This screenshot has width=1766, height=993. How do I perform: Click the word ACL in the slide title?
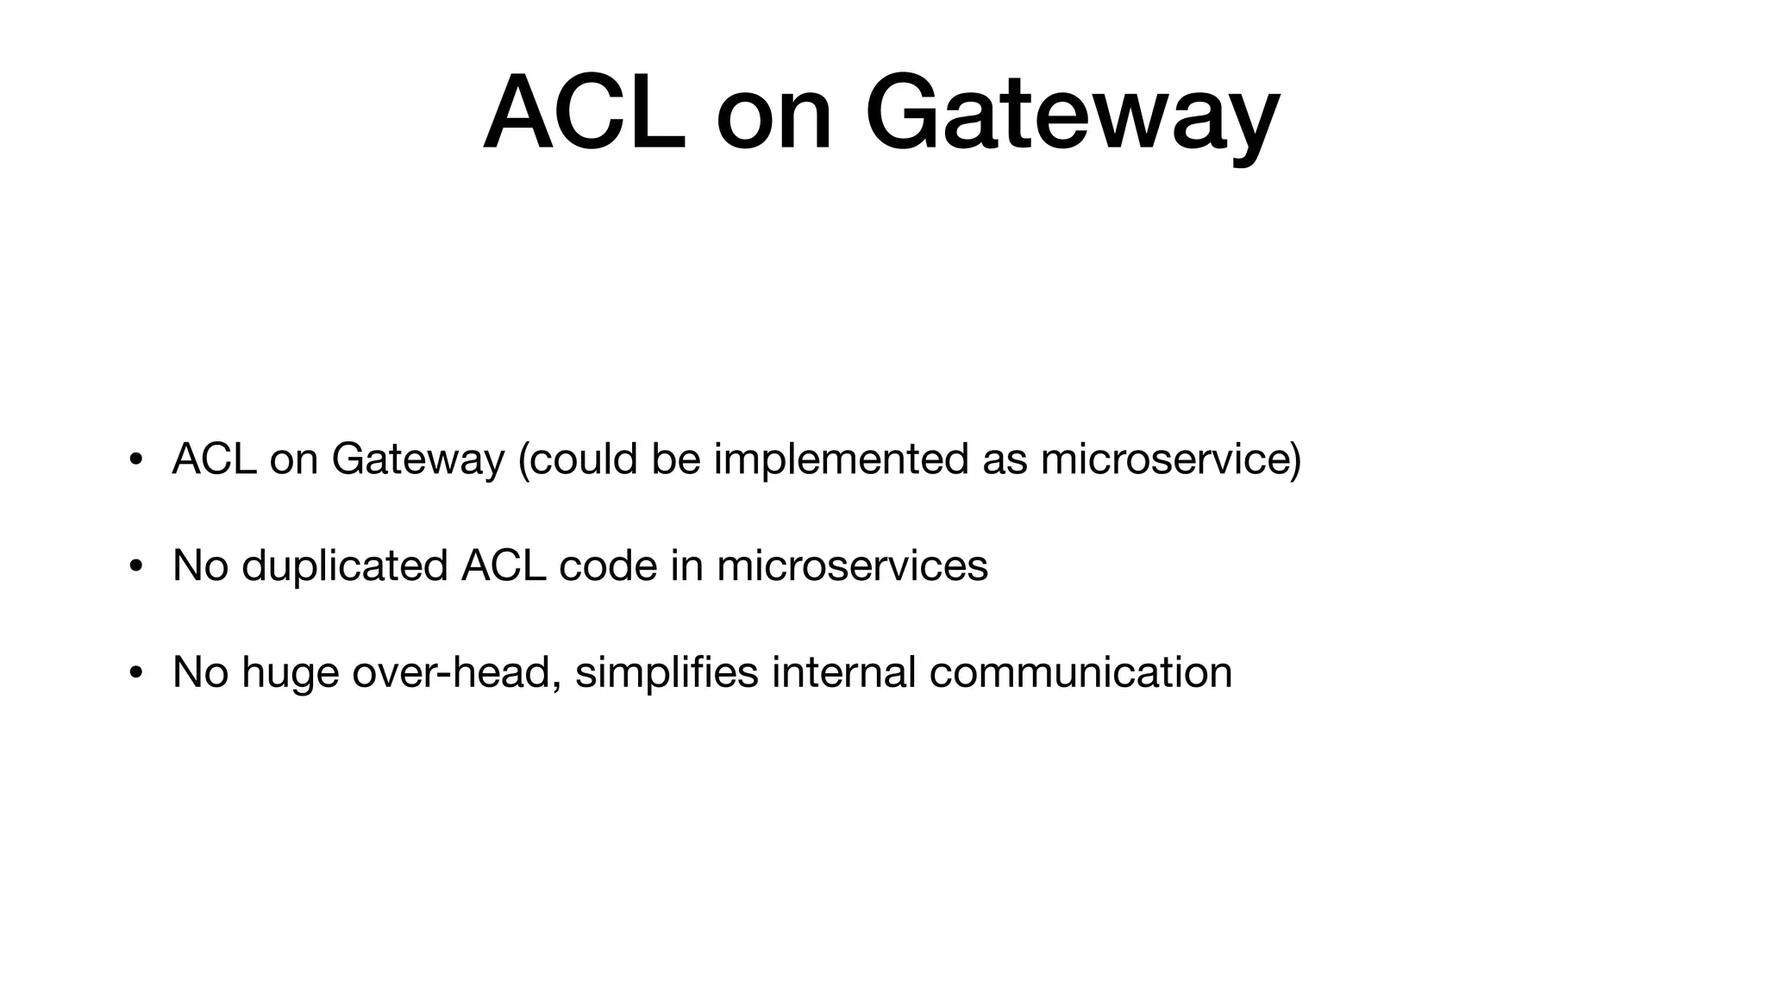(585, 114)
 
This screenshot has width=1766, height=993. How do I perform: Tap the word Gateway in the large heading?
(1072, 116)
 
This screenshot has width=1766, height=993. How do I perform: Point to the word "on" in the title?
(773, 116)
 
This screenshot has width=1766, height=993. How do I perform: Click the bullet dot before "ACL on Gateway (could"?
(135, 460)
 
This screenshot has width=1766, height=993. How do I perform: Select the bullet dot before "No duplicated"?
(135, 567)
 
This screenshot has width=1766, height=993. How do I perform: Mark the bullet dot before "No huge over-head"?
(135, 673)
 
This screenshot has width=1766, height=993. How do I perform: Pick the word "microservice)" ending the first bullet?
(1170, 459)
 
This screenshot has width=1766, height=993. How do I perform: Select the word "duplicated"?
(344, 566)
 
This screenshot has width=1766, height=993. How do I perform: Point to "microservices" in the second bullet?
(852, 566)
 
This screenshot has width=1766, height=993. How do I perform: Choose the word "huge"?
(290, 674)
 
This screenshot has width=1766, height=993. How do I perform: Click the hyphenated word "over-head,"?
(457, 672)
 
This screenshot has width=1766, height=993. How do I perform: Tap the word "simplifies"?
(667, 674)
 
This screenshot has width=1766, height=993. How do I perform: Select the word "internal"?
(843, 672)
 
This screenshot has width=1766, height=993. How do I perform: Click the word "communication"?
(1080, 672)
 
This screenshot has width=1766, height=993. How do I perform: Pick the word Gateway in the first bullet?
(417, 460)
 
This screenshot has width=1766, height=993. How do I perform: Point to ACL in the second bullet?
(503, 566)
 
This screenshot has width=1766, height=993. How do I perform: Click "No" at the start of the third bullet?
(200, 672)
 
